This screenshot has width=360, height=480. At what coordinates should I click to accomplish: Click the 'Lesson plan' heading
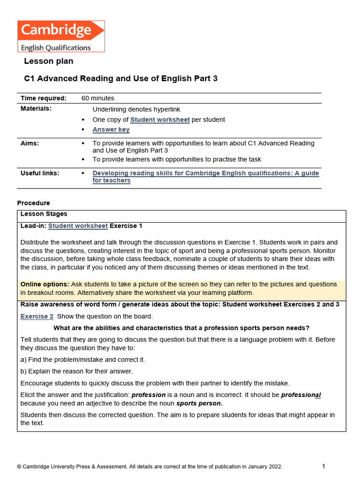(x=49, y=61)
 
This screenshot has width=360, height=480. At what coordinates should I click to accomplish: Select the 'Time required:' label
(x=44, y=98)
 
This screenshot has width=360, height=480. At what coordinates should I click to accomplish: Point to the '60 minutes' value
(x=98, y=98)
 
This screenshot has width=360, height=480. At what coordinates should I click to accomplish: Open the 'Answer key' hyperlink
(x=111, y=130)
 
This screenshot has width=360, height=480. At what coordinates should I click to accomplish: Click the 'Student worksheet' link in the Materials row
(x=160, y=120)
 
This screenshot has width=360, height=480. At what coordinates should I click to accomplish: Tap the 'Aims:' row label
(x=30, y=144)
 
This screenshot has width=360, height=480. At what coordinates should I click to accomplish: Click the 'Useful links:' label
(x=40, y=173)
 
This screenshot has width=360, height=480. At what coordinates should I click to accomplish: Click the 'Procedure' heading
(x=33, y=203)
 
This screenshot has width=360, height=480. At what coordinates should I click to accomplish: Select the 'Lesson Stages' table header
(x=44, y=214)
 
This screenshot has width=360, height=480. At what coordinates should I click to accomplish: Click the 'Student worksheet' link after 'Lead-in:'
(x=78, y=226)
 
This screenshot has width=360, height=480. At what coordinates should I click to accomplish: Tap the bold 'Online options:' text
(x=45, y=285)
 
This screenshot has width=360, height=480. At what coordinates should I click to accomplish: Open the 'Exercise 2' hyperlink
(x=37, y=316)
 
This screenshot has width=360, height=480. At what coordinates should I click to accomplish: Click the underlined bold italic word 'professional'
(x=301, y=395)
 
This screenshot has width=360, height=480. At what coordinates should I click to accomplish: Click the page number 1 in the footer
(x=323, y=466)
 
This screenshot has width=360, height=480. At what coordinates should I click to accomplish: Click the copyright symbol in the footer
(x=19, y=467)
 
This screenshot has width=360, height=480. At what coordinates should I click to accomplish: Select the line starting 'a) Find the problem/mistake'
(x=83, y=360)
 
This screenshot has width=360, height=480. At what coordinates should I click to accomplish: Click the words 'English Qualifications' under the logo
(x=55, y=47)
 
